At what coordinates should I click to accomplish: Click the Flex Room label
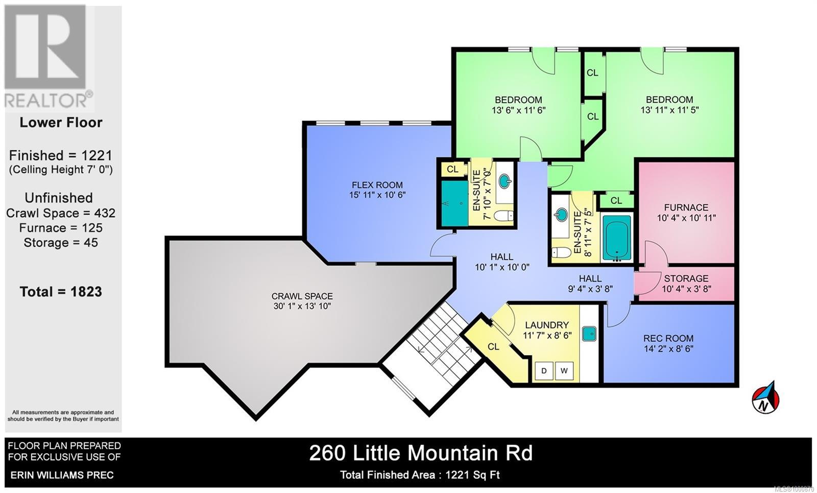click(377, 185)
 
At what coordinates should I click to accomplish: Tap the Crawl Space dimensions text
click(302, 306)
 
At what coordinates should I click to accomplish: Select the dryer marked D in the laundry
click(544, 370)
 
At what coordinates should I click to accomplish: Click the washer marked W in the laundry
click(564, 370)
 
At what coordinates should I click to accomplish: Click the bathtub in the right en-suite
click(616, 238)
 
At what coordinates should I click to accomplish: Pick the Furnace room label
click(686, 207)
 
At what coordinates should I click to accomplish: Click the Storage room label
click(686, 278)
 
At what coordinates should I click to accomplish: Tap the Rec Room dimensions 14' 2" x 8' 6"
click(668, 349)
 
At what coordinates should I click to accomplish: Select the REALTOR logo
click(49, 56)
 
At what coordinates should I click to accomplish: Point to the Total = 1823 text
click(61, 292)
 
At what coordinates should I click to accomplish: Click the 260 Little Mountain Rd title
click(421, 453)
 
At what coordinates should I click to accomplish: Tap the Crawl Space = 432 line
click(61, 213)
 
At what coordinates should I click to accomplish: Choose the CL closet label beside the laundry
click(493, 347)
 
